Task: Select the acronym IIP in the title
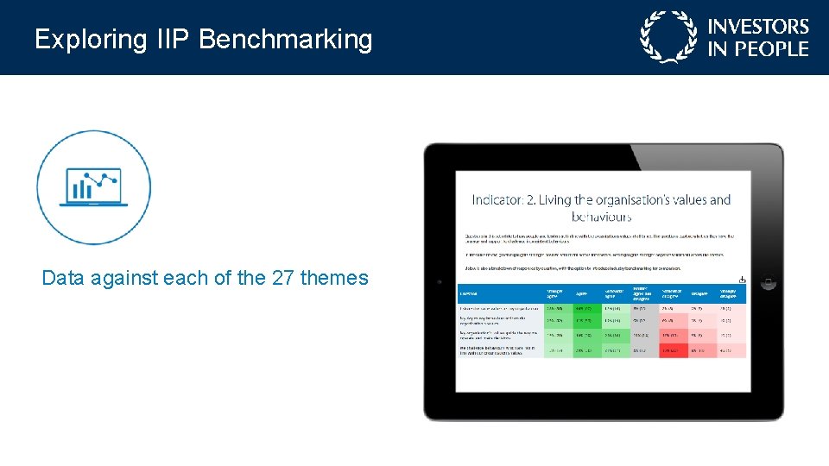click(x=175, y=40)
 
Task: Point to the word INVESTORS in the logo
click(x=758, y=28)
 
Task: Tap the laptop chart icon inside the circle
click(x=93, y=188)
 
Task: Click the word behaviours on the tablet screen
click(x=601, y=217)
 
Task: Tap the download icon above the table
click(x=742, y=279)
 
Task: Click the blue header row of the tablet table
click(x=601, y=293)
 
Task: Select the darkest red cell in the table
click(x=671, y=349)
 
